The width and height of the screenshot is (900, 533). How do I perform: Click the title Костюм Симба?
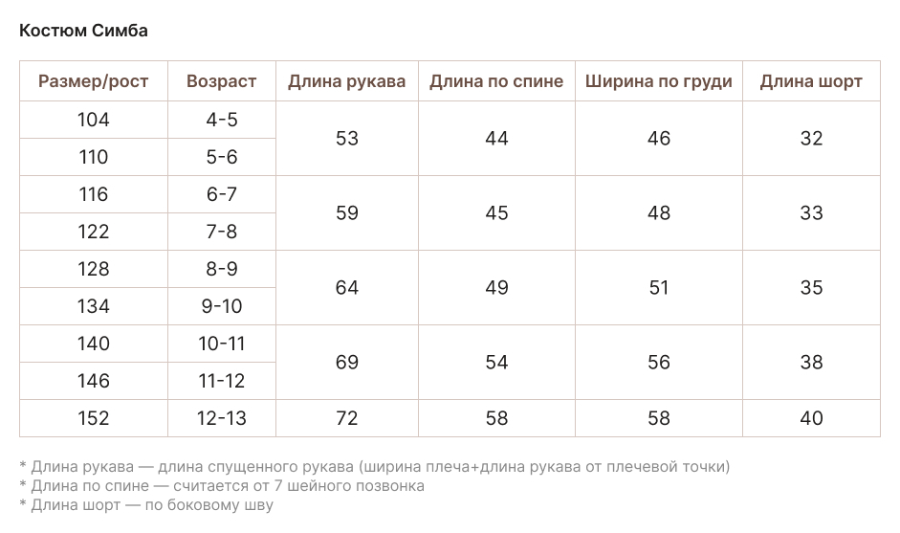(x=83, y=31)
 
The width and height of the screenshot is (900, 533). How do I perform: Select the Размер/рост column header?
(x=94, y=81)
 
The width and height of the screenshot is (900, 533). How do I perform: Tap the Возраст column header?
(x=222, y=81)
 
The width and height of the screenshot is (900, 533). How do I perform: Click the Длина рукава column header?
(x=347, y=81)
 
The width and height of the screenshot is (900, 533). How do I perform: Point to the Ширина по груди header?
(x=659, y=81)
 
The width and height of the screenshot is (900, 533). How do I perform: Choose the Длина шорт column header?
(x=811, y=81)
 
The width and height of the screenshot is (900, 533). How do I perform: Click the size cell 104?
(x=94, y=120)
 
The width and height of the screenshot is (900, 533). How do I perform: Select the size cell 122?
(x=94, y=232)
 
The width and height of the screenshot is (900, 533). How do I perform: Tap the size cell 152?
(x=94, y=418)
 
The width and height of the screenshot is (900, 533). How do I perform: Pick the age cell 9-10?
(x=222, y=306)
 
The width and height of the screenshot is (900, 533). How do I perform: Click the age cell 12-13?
(x=222, y=418)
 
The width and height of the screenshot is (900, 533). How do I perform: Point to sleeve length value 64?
(x=347, y=287)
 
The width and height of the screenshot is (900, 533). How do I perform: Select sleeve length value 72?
(x=347, y=418)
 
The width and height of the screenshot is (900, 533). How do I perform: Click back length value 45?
(x=496, y=212)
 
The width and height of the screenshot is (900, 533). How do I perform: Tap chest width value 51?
(x=659, y=287)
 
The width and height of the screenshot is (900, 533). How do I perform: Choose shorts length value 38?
(x=811, y=362)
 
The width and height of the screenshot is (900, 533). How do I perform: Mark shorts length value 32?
(x=811, y=138)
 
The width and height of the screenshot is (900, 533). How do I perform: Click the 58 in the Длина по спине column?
(x=496, y=418)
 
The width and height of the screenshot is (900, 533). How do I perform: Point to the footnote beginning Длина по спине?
(x=222, y=486)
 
